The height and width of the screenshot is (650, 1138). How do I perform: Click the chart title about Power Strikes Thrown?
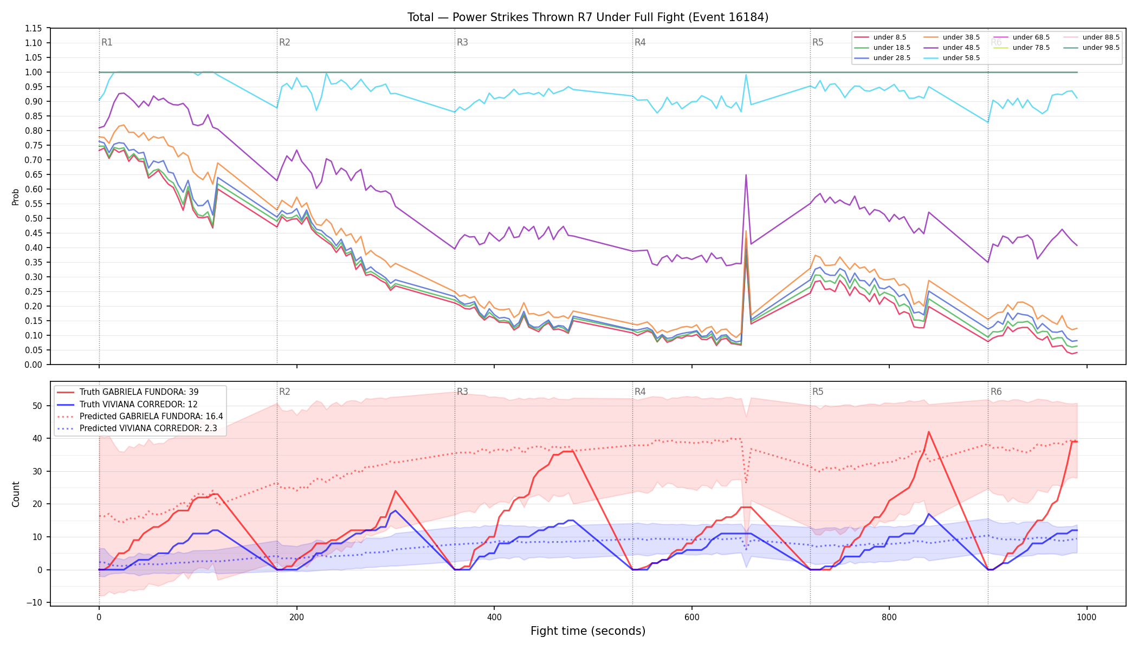pos(588,17)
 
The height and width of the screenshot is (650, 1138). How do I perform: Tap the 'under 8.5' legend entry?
pos(880,37)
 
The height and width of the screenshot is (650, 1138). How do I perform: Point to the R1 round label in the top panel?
pos(107,42)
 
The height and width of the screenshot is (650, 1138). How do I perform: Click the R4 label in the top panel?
pos(640,42)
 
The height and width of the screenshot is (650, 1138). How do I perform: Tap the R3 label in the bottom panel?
pos(462,392)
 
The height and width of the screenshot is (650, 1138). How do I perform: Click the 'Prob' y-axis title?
pos(16,197)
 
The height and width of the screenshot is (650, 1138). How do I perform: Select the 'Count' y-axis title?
pos(16,494)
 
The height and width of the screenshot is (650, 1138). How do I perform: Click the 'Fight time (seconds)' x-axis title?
pos(588,631)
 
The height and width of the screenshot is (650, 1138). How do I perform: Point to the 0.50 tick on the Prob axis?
pos(34,218)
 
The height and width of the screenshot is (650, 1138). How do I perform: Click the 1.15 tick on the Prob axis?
pos(34,28)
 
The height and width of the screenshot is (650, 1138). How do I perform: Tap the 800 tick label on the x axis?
pos(889,617)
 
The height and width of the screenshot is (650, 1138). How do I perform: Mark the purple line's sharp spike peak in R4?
pos(746,175)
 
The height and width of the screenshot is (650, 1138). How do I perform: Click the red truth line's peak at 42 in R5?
pos(929,432)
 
